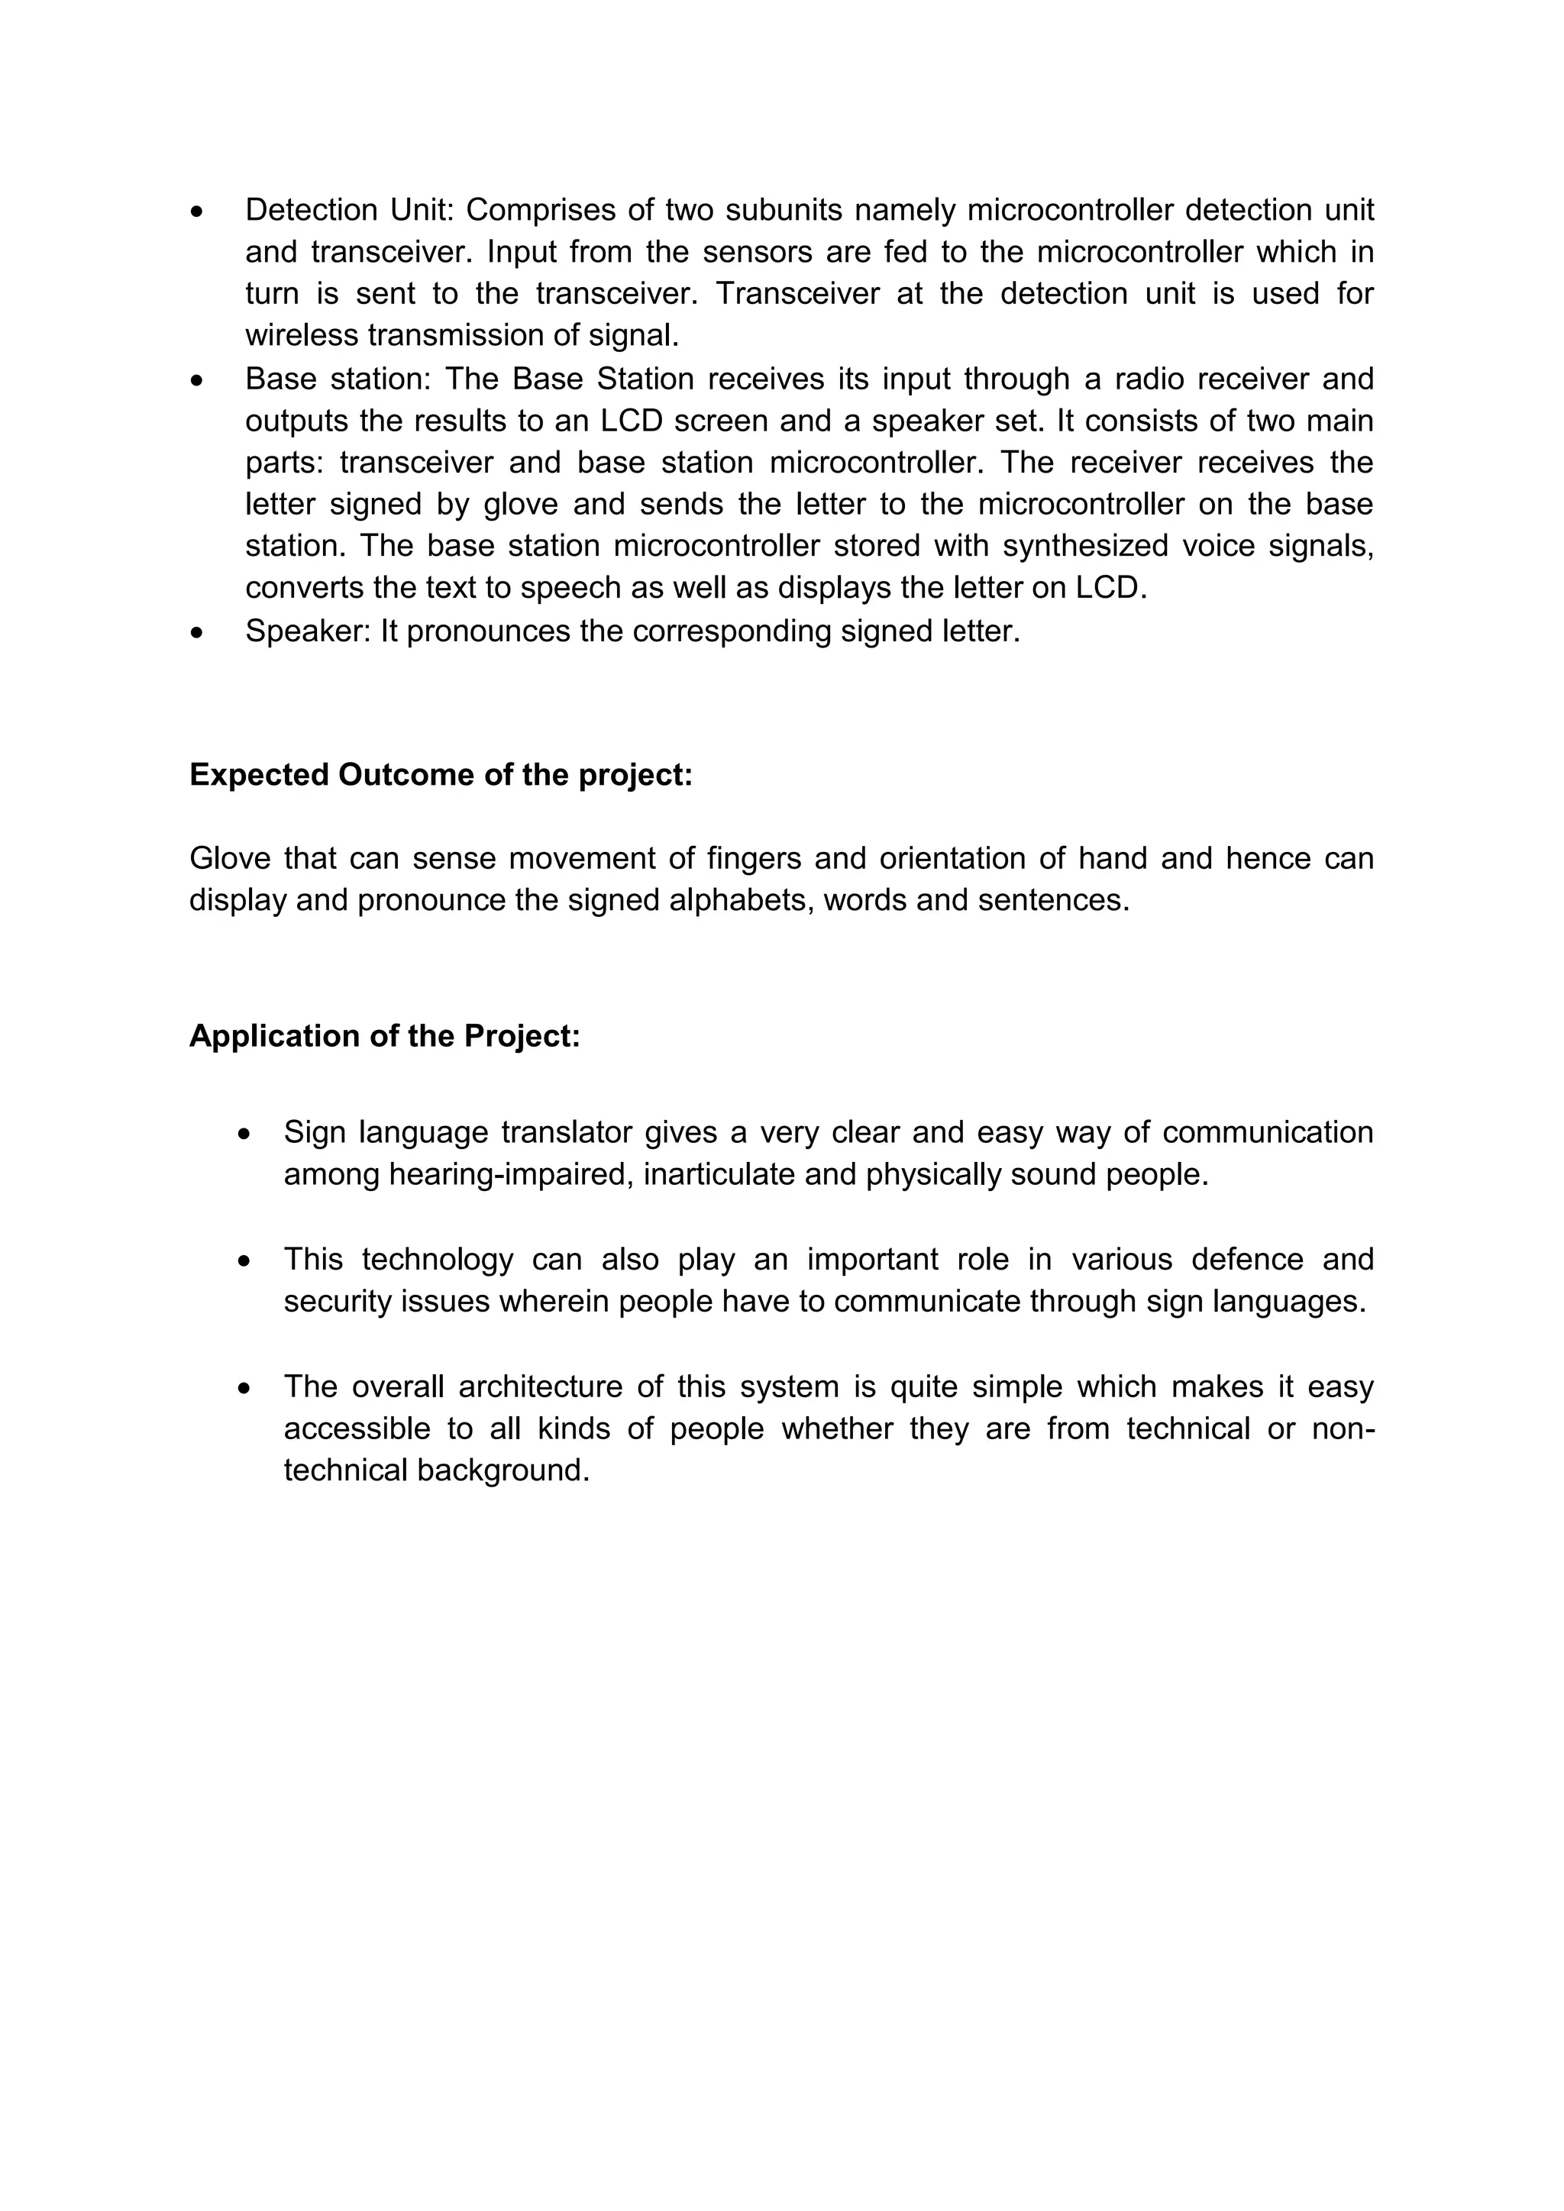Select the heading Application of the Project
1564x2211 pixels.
click(x=384, y=1036)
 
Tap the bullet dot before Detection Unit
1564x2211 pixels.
click(x=198, y=211)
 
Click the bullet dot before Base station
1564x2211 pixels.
click(x=198, y=380)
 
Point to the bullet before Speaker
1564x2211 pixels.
click(x=198, y=633)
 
